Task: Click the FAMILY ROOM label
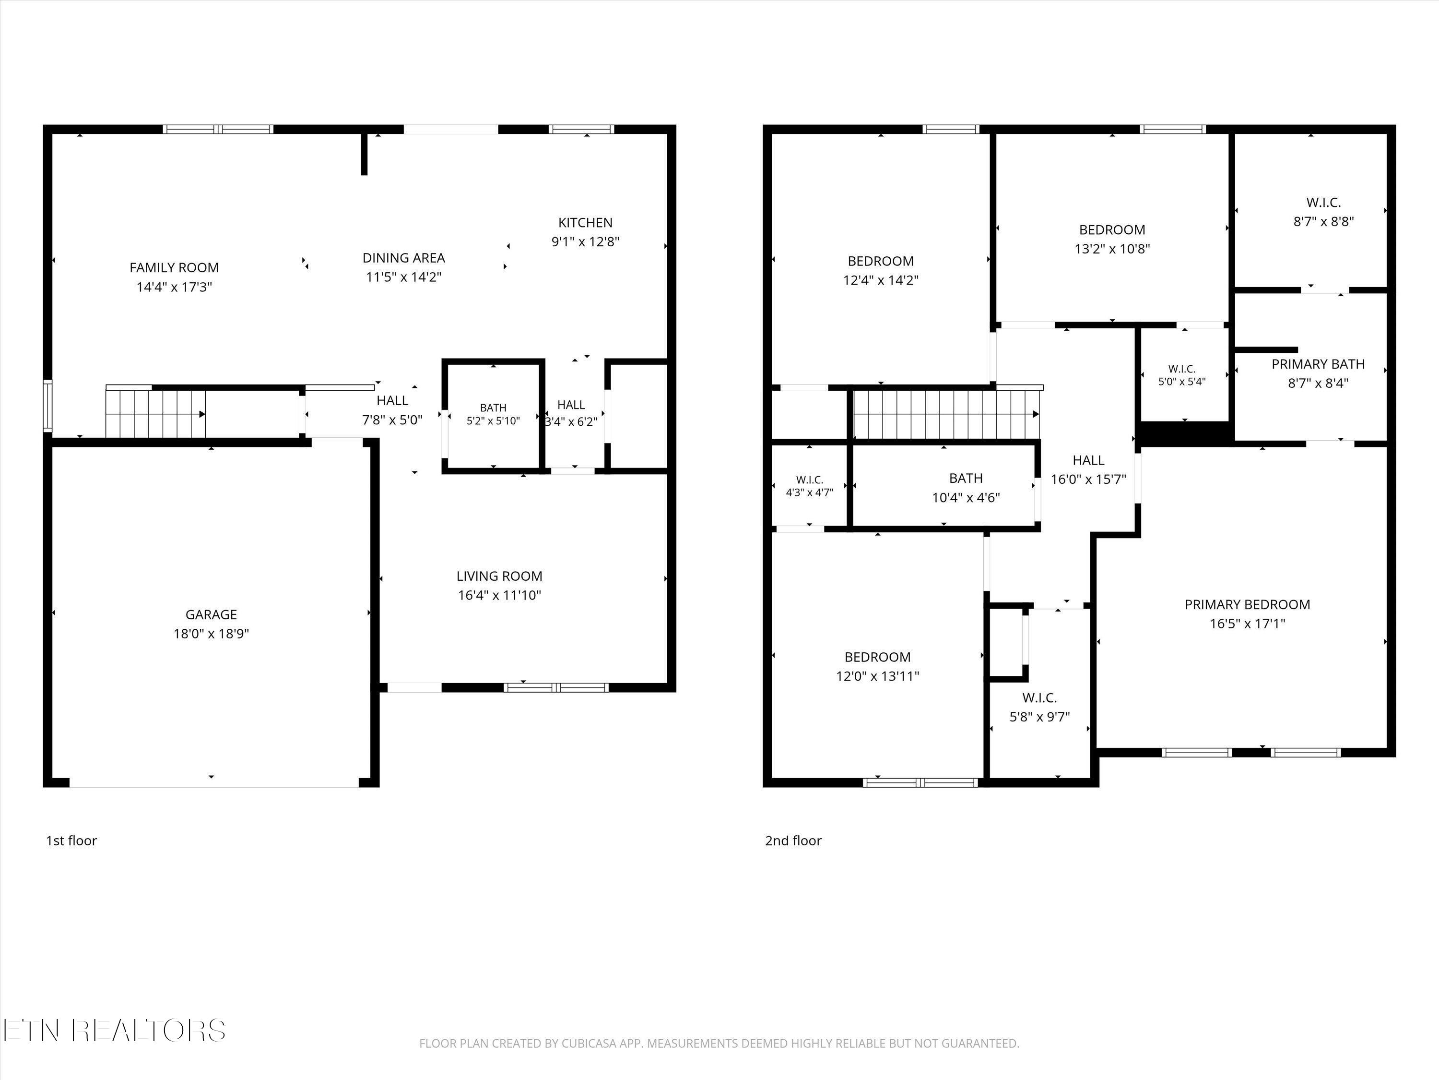point(174,267)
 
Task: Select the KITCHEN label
point(586,223)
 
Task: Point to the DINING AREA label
point(403,258)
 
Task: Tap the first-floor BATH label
point(493,408)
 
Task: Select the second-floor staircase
point(946,414)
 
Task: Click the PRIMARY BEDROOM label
point(1247,605)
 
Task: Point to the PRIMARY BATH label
point(1318,364)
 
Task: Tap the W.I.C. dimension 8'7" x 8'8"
point(1323,221)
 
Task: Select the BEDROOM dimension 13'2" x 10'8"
point(1112,249)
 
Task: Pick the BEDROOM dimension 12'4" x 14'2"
point(881,280)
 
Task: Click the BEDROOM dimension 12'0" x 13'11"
point(878,676)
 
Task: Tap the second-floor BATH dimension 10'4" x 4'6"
point(966,498)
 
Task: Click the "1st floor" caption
point(71,840)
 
